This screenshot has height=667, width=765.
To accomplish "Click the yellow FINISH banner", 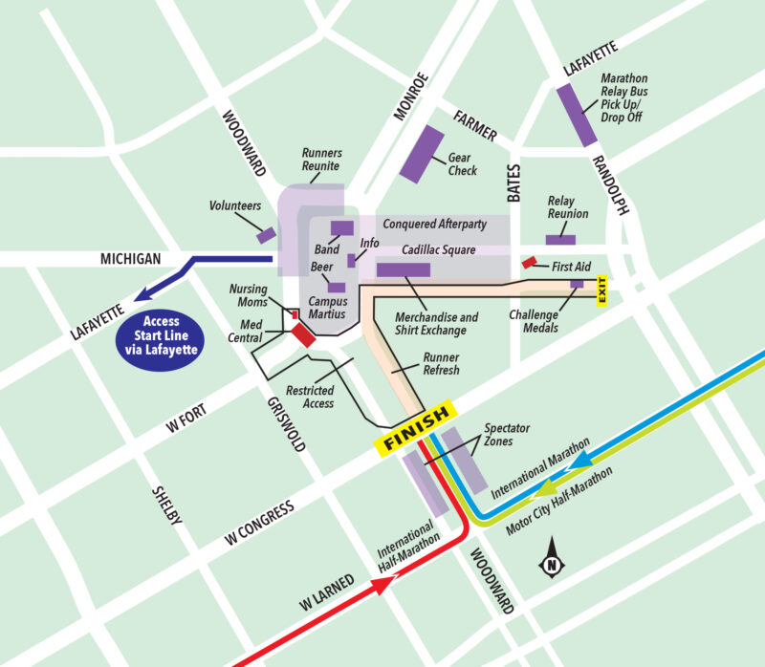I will pyautogui.click(x=415, y=431).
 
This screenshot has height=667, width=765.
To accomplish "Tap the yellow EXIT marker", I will pyautogui.click(x=602, y=290).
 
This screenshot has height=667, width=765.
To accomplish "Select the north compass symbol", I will pyautogui.click(x=552, y=560).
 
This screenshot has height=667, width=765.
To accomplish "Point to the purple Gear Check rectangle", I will pyautogui.click(x=421, y=153).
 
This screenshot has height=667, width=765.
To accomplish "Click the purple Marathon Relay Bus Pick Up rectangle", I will pyautogui.click(x=578, y=115).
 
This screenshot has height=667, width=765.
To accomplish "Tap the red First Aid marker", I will pyautogui.click(x=528, y=262).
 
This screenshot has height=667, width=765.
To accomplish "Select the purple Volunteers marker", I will pyautogui.click(x=266, y=234).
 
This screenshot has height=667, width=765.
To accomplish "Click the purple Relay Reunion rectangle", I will pyautogui.click(x=560, y=239).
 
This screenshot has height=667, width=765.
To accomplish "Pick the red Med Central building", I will pyautogui.click(x=303, y=334).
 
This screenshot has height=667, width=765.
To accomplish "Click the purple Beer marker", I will pyautogui.click(x=337, y=287).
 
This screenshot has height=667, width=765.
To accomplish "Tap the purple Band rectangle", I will pyautogui.click(x=341, y=227).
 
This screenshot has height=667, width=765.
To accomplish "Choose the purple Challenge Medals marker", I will pyautogui.click(x=577, y=284).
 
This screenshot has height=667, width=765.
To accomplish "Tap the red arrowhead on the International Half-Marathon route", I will pyautogui.click(x=384, y=587).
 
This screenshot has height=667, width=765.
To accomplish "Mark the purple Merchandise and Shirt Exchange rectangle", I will pyautogui.click(x=403, y=269).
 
